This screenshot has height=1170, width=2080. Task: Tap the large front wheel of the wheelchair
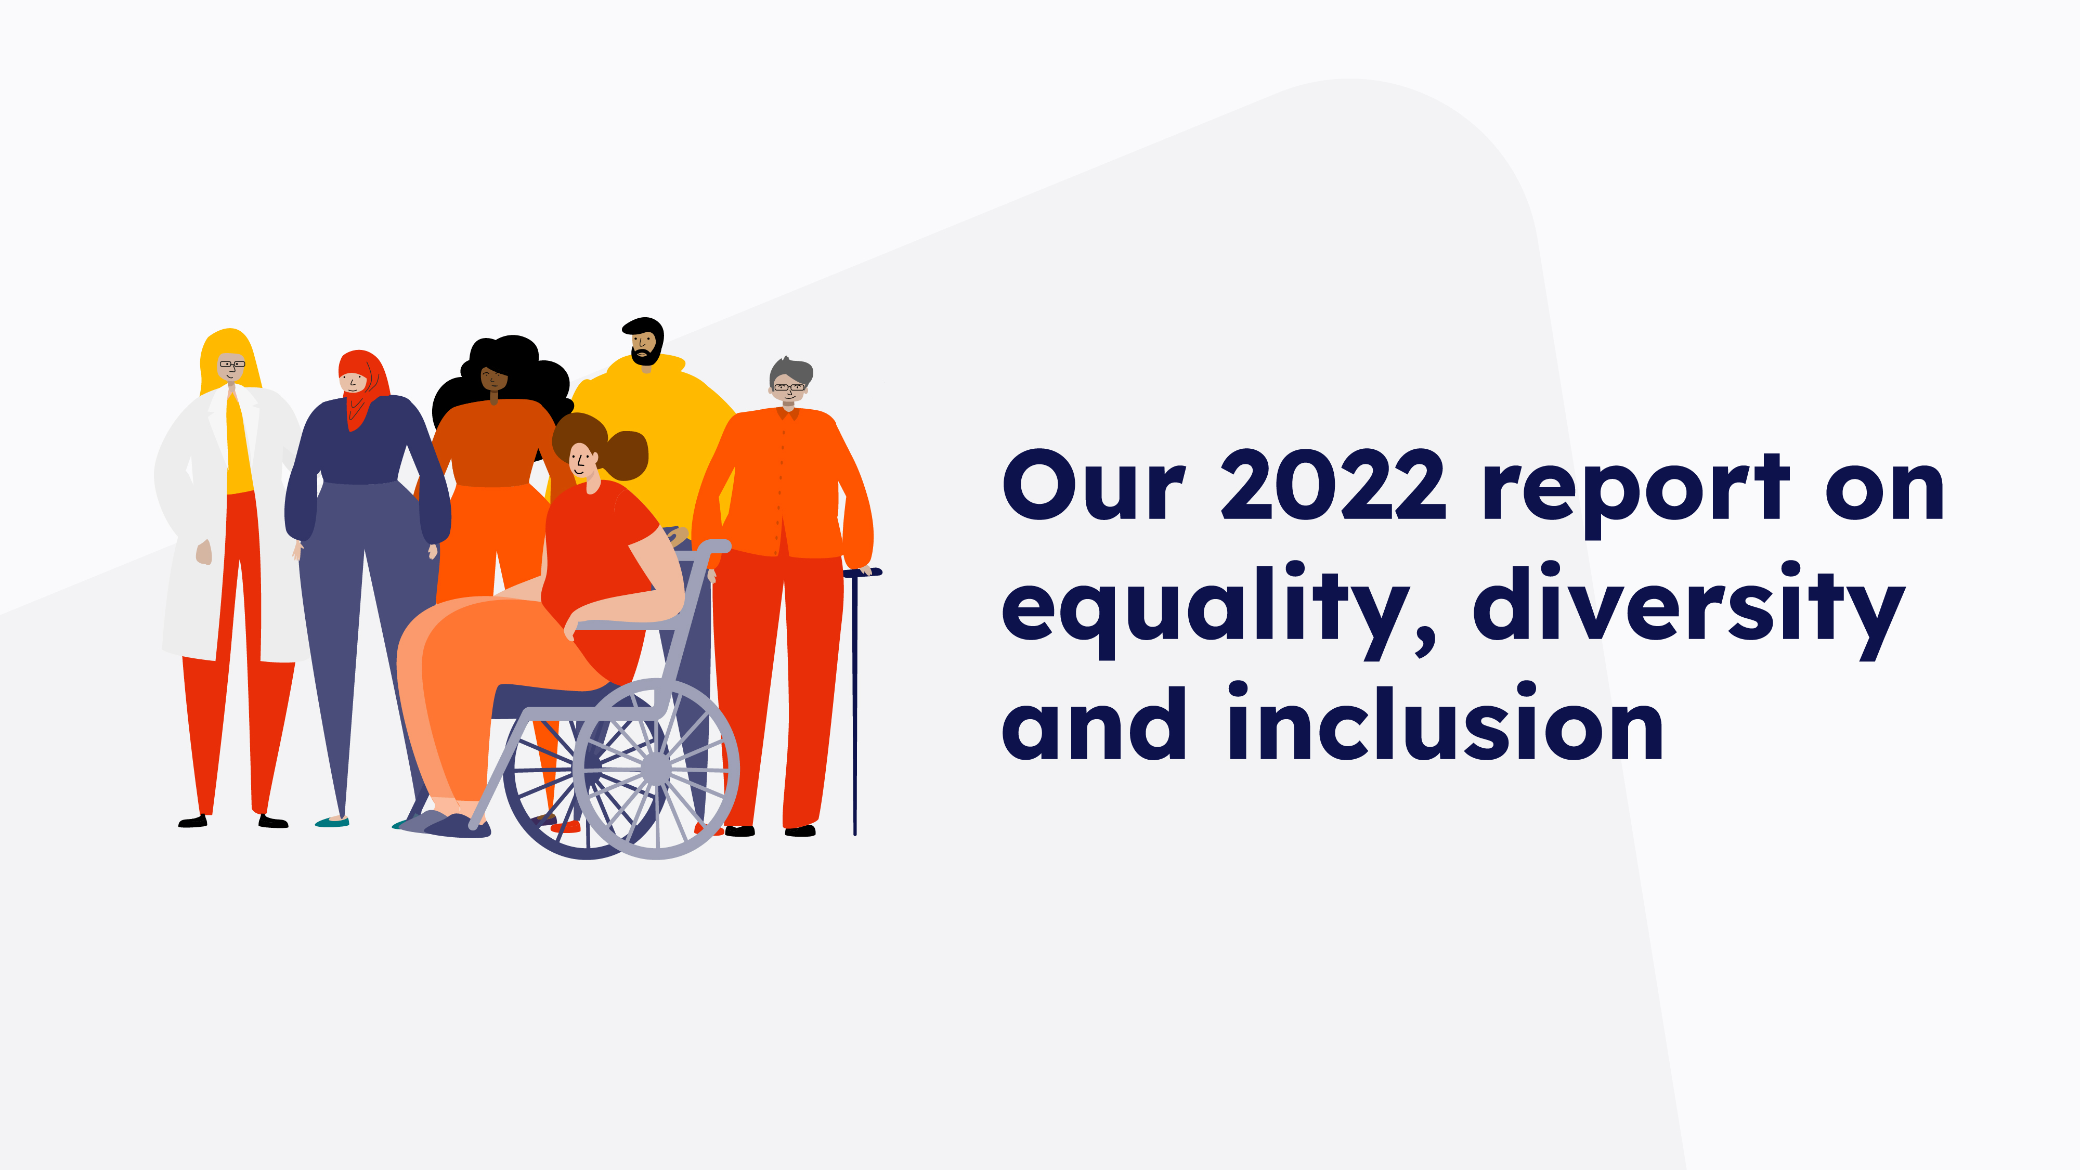point(656,768)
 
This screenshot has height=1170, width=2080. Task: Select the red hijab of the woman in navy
point(362,387)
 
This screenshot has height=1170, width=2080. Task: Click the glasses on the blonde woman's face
point(232,364)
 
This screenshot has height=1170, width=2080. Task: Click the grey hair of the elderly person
point(790,371)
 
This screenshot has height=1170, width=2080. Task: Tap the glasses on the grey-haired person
point(789,387)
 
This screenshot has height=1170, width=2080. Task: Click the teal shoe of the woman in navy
point(332,822)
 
